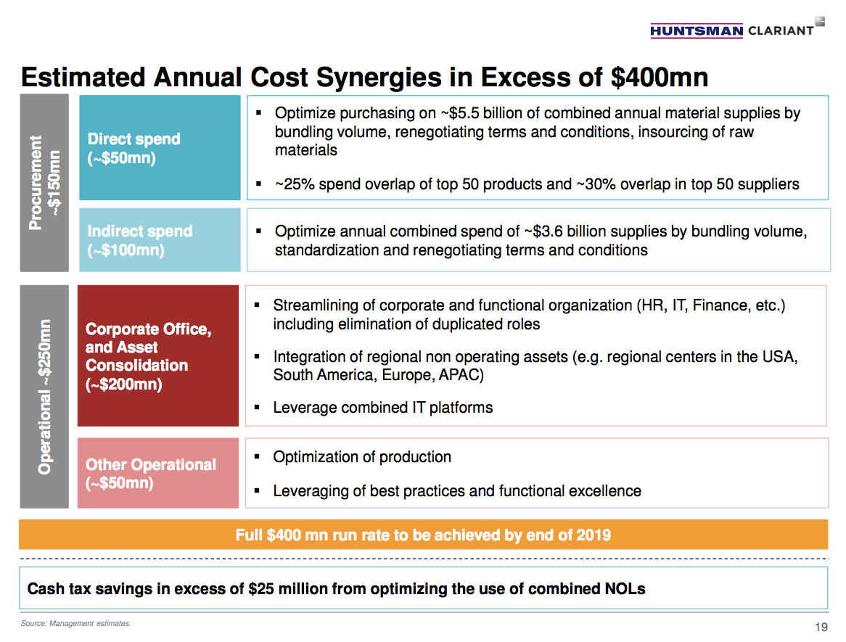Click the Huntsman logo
696,30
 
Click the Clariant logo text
780,30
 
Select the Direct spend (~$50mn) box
160,148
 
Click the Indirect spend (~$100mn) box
160,240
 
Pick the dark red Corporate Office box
158,355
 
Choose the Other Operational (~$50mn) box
158,473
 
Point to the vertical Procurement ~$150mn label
44,183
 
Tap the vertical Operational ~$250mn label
44,397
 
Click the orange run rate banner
423,535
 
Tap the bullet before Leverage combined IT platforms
258,408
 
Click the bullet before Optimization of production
258,457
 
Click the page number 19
821,627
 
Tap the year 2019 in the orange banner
594,535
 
